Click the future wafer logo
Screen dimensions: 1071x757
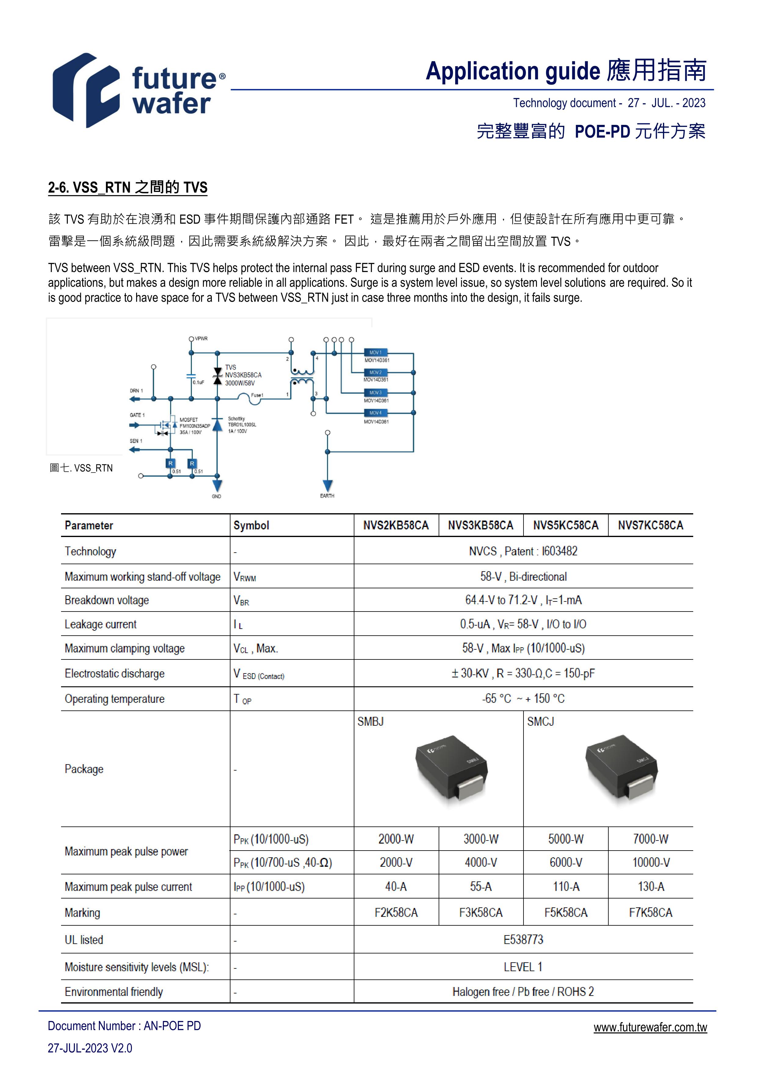click(139, 90)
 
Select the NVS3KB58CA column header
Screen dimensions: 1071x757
click(480, 525)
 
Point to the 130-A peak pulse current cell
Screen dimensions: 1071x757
click(650, 886)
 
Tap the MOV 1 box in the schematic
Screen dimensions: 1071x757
click(375, 353)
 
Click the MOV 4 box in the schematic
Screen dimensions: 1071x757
click(375, 413)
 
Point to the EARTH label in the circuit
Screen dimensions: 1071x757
click(327, 496)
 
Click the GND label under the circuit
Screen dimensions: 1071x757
click(216, 496)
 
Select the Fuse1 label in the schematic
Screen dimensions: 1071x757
click(257, 395)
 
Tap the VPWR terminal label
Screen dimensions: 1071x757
click(201, 339)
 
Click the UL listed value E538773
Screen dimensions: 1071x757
click(523, 939)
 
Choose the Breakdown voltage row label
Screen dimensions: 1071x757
click(107, 600)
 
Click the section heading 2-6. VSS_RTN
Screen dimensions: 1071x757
click(127, 187)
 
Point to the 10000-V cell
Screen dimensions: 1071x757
click(650, 862)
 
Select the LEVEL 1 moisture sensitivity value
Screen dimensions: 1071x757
click(523, 967)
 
